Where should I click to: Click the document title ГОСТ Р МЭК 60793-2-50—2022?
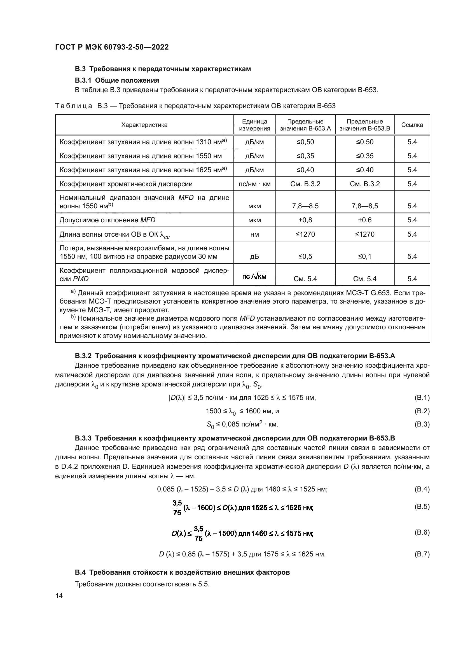pos(112,47)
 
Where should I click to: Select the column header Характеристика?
pos(144,125)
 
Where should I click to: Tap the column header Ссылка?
pos(412,125)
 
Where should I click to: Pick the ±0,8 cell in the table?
pos(305,220)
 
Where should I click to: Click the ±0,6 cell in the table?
pos(365,220)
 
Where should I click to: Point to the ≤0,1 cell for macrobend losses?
pos(365,256)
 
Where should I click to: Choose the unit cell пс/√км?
pos(254,276)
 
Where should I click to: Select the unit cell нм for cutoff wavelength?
pos(254,234)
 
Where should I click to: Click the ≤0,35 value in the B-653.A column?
pos(305,156)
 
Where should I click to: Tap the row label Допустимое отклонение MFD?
pos(107,220)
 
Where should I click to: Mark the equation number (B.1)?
pos(422,397)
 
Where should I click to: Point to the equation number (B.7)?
pos(422,554)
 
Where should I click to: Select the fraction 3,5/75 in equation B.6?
pos(198,533)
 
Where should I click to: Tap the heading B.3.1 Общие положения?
pos(117,80)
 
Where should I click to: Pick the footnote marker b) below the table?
pos(73,317)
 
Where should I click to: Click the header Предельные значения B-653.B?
pos(365,125)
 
